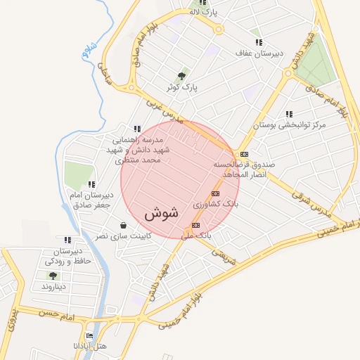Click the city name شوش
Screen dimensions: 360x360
point(162,212)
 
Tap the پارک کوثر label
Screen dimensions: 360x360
point(181,88)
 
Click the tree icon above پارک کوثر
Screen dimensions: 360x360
point(182,76)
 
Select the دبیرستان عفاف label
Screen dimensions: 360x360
point(259,53)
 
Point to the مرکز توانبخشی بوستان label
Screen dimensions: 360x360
point(290,124)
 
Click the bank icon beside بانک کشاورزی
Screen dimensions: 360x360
point(215,193)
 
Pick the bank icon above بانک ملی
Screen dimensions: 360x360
point(195,225)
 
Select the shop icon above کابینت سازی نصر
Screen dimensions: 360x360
point(124,226)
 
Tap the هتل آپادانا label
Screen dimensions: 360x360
point(90,347)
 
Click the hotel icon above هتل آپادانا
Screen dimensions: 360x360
point(89,336)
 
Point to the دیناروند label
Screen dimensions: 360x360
point(53,287)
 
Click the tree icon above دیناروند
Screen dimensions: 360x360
point(53,276)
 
